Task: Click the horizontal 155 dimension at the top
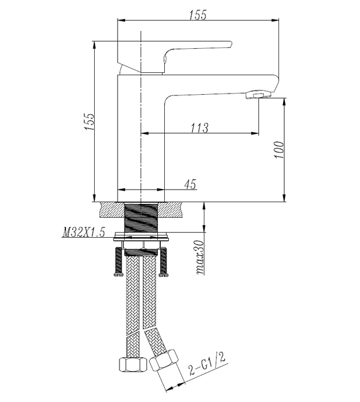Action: click(x=198, y=15)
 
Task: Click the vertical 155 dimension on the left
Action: click(x=90, y=121)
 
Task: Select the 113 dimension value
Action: click(x=199, y=127)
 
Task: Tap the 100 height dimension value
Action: click(x=279, y=149)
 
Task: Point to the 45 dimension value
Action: click(x=190, y=184)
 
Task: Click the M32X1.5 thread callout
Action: click(x=84, y=232)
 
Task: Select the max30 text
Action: click(x=199, y=257)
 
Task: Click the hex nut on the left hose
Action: click(x=133, y=365)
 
